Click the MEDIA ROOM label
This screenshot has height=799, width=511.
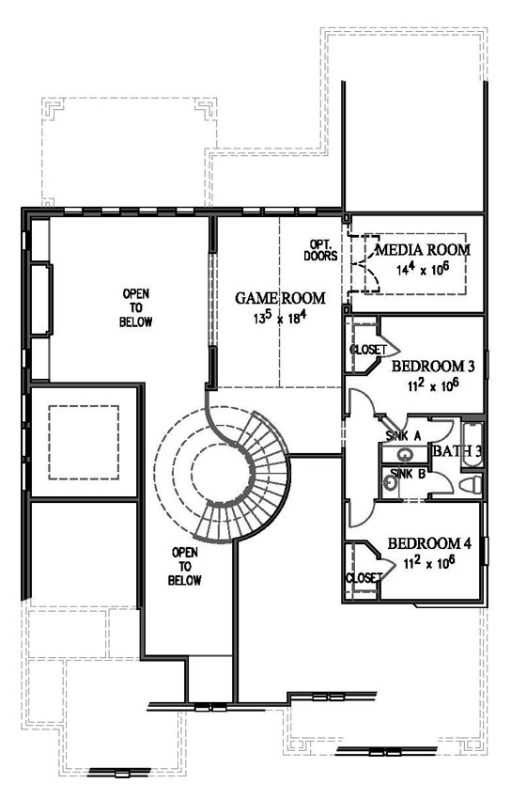tap(423, 250)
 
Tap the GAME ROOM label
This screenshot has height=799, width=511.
tap(280, 298)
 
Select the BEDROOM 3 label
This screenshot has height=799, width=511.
tap(433, 366)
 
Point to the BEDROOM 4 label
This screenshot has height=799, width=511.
tap(429, 543)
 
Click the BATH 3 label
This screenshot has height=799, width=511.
tap(457, 451)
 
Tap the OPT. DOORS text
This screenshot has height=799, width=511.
tap(320, 250)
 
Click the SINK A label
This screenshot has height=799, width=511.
tap(403, 436)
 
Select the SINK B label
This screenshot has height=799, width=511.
tap(409, 474)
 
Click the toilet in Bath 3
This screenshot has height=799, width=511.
tap(471, 485)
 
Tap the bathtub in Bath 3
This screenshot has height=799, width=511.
tap(472, 445)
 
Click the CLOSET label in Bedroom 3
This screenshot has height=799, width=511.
tap(368, 350)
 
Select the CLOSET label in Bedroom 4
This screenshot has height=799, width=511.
tap(364, 578)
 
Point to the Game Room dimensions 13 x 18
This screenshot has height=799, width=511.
tap(280, 318)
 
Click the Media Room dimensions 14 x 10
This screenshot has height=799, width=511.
tap(423, 269)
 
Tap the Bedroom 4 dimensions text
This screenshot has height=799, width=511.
tap(429, 562)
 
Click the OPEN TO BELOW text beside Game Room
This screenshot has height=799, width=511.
tap(136, 307)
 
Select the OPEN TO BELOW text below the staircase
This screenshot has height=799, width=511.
tap(185, 566)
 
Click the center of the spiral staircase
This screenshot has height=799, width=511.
tap(222, 474)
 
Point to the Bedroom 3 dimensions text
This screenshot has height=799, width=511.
tap(433, 384)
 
